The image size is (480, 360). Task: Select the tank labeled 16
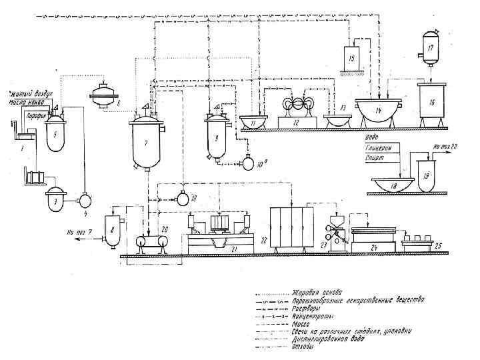tap(431, 103)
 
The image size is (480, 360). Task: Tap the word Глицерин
tap(380, 149)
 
